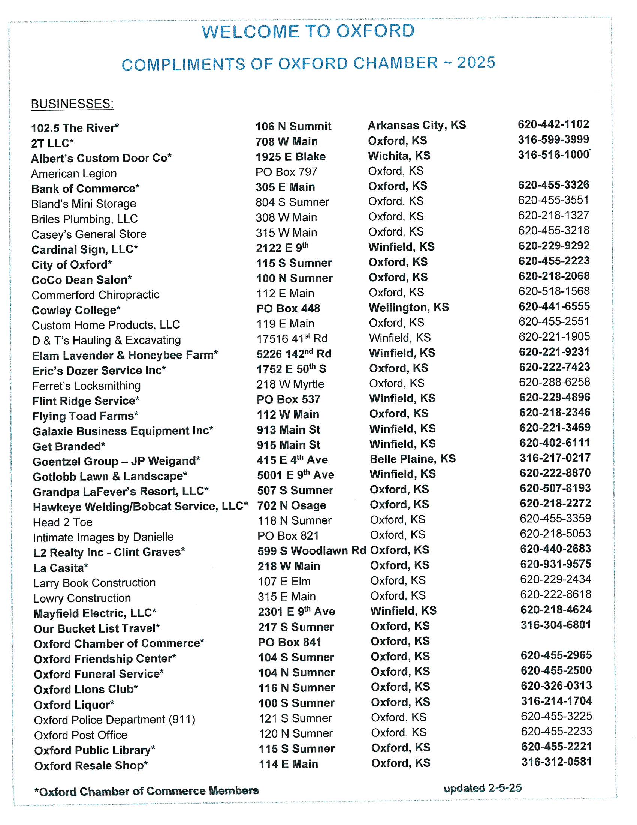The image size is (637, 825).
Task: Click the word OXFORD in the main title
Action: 375,31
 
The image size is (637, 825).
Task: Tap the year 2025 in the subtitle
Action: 476,63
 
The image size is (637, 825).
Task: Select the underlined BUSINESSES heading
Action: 72,104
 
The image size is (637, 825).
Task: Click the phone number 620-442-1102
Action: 553,124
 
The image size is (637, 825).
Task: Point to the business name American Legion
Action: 74,174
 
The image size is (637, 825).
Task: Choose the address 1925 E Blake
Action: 290,157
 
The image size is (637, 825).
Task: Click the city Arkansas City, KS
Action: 417,125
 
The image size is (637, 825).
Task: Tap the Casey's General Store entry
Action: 89,234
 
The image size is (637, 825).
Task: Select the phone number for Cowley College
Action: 553,306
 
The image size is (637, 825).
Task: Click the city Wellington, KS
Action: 409,307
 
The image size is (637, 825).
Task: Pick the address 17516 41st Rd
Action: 292,339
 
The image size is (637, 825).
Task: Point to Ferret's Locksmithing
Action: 87,385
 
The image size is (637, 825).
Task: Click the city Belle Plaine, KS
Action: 413,459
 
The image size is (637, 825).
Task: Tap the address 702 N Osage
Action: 291,505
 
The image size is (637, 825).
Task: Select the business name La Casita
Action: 60,568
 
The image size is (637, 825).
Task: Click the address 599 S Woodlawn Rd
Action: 312,551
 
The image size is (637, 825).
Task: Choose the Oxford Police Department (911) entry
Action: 114,720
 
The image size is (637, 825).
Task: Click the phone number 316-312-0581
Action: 556,762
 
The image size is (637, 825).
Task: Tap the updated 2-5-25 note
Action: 483,788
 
